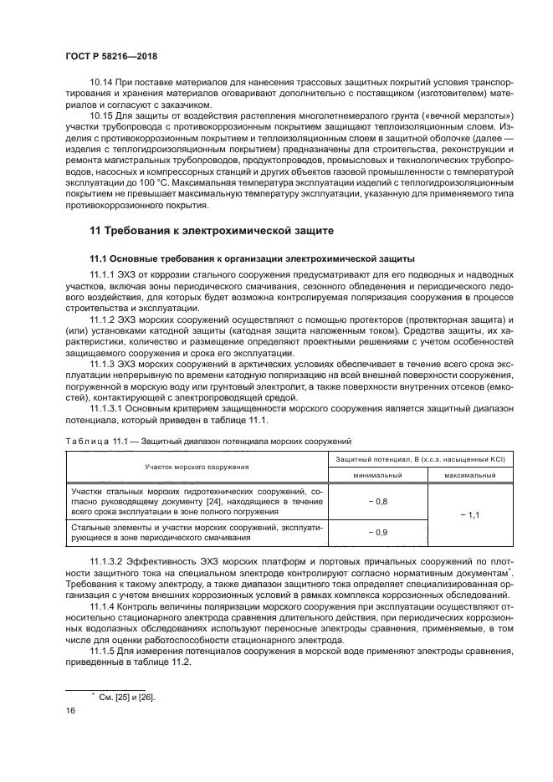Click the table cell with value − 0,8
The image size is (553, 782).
coord(378,500)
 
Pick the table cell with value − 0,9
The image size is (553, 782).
coord(378,532)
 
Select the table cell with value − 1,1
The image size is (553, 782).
coord(469,515)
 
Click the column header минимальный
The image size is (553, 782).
coord(378,474)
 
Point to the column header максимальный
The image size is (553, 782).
coord(469,474)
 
